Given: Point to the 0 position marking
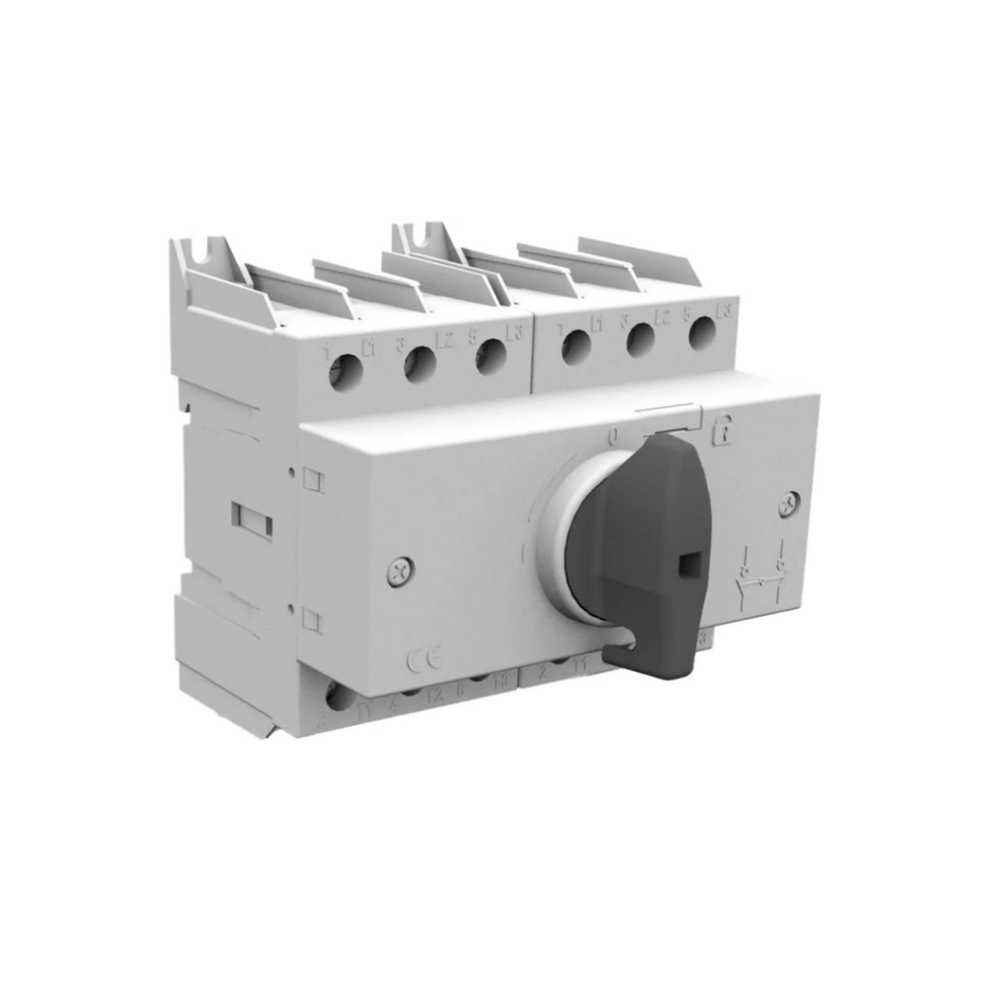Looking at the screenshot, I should [x=612, y=436].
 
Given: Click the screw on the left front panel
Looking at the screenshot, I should [x=398, y=571].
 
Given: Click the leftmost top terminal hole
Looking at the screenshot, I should [x=345, y=372].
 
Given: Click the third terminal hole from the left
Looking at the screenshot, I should [x=491, y=356].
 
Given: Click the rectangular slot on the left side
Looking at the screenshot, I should [x=251, y=521].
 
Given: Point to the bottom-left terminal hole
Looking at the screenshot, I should [x=338, y=696].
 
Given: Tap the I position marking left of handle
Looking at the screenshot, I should [x=521, y=555].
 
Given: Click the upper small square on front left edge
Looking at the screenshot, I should [x=312, y=478].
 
